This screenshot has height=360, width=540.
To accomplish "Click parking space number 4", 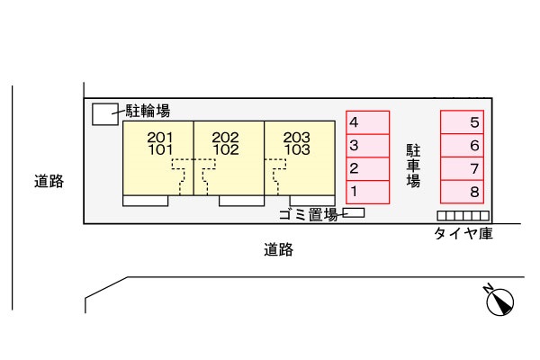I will [368, 122].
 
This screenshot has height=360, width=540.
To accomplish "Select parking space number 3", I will [368, 145].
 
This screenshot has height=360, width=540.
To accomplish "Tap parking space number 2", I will [368, 168].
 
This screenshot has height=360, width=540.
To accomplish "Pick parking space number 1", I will [368, 191].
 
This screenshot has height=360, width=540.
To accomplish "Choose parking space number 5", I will [463, 122].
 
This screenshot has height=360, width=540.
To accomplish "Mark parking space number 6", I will [463, 145].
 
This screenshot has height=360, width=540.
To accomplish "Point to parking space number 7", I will [463, 168].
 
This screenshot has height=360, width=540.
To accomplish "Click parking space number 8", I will [463, 191].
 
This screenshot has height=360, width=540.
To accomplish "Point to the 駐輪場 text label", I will [148, 112].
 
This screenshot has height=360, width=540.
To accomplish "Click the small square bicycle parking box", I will [105, 113].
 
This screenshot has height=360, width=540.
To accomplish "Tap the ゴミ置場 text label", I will [309, 214].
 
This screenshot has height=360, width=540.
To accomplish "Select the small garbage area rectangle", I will [355, 213].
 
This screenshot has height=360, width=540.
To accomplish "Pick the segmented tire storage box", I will [463, 216].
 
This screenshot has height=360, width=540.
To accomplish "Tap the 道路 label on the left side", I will [49, 182].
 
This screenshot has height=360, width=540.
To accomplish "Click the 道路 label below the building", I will [278, 250].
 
